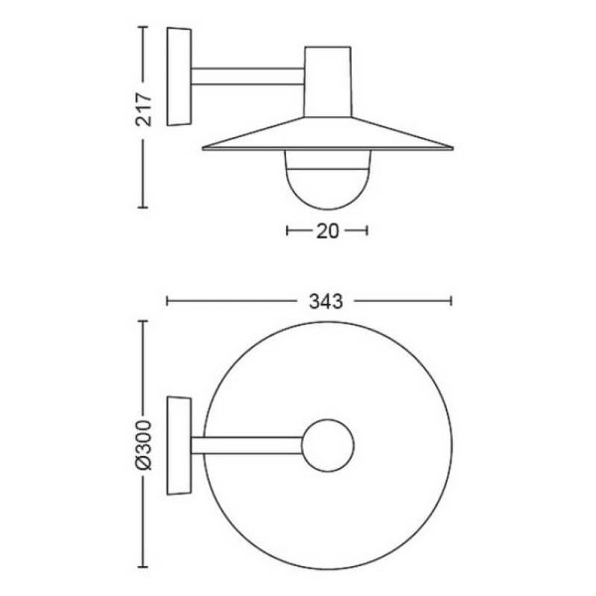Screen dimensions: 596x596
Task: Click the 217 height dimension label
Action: [x=144, y=109]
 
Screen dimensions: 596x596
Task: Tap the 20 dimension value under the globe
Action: [x=327, y=230]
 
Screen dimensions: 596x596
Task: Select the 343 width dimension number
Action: [x=326, y=301]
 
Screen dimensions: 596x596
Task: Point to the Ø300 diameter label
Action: [x=144, y=445]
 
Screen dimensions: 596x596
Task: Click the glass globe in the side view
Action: [x=327, y=180]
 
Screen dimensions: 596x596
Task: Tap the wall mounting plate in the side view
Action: [x=179, y=76]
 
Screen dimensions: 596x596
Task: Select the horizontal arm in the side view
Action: [x=247, y=76]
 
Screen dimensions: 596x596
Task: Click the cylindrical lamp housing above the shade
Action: [x=327, y=81]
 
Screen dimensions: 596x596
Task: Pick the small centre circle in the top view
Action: [x=328, y=445]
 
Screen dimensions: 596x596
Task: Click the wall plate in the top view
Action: [x=179, y=445]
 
